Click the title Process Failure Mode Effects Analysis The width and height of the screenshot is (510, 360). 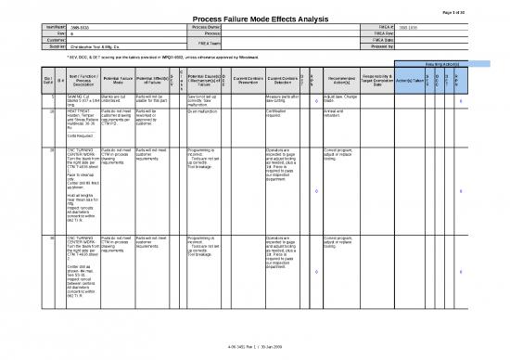point(254,19)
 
